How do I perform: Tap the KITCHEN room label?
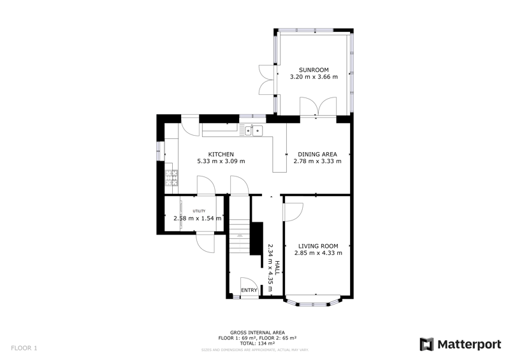click(x=221, y=154)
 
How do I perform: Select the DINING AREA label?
click(x=317, y=154)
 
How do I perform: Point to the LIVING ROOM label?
click(x=318, y=246)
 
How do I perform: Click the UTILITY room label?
click(x=200, y=211)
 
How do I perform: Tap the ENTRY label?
click(x=249, y=291)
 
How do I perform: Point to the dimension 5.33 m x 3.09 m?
click(x=221, y=162)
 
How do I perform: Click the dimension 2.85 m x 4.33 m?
click(x=318, y=253)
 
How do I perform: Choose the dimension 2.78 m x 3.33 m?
click(x=317, y=162)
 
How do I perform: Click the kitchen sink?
click(x=252, y=131)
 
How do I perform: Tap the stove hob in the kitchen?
click(x=170, y=178)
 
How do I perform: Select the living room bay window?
click(x=317, y=301)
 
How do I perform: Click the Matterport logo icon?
click(x=426, y=345)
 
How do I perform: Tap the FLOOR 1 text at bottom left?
click(x=25, y=348)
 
